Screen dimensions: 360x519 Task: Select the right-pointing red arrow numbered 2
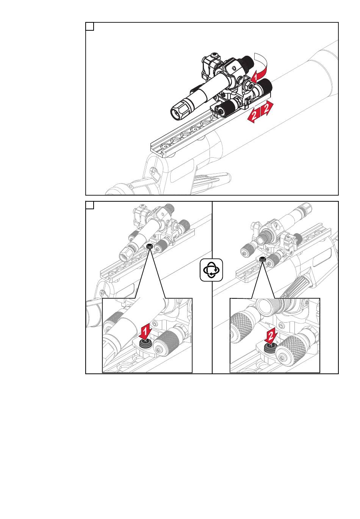(x=267, y=108)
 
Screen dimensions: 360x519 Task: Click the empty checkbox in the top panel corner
(x=90, y=27)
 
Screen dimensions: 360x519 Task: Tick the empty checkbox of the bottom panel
(x=90, y=205)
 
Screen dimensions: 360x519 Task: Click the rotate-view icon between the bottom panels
(x=211, y=270)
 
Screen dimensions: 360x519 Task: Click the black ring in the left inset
(x=145, y=343)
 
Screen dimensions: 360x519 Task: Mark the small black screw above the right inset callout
(x=262, y=259)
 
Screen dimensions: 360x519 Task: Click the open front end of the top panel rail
(x=157, y=152)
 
